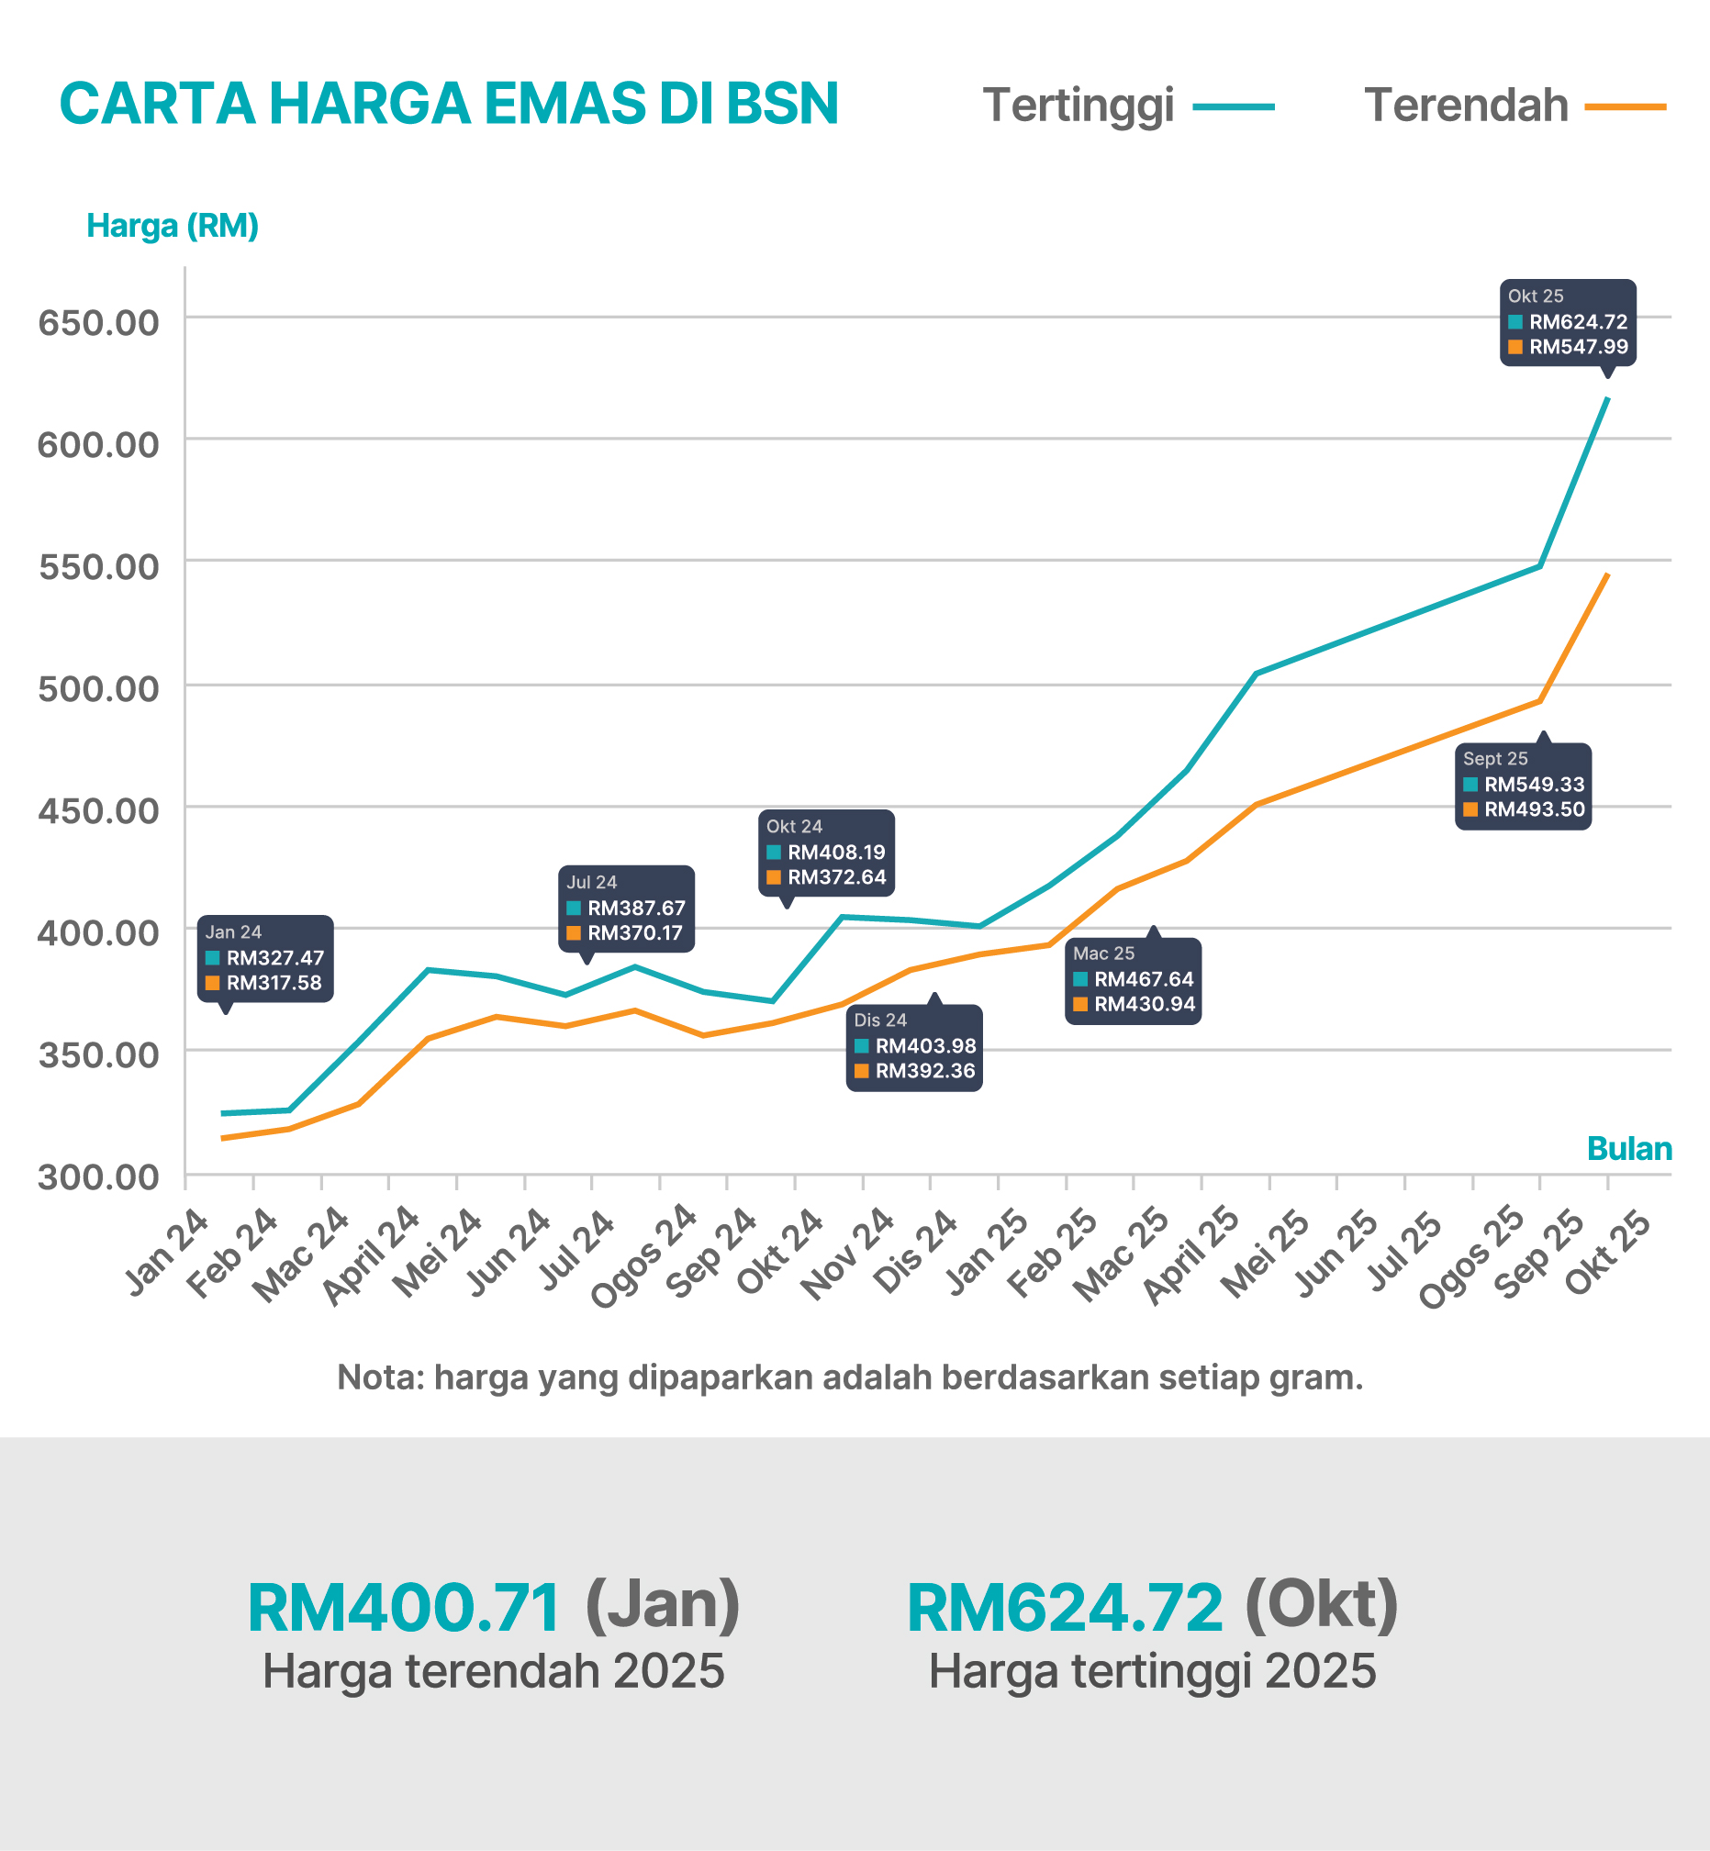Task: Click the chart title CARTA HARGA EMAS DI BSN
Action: (449, 103)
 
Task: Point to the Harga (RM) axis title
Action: (173, 226)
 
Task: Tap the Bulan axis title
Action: (1628, 1148)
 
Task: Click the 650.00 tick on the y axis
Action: (98, 323)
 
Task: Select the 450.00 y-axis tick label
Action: (98, 810)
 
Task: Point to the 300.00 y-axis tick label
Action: (98, 1176)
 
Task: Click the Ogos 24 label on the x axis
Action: (645, 1255)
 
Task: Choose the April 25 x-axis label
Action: (1191, 1255)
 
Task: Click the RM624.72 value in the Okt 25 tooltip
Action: (1578, 322)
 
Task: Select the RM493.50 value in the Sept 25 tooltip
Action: (1534, 809)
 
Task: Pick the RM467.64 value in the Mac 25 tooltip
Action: (1144, 978)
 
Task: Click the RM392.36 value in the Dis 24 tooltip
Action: (925, 1071)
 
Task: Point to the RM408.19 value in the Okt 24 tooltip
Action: (836, 852)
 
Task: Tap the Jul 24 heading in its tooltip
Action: (591, 883)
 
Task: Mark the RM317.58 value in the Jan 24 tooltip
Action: (274, 983)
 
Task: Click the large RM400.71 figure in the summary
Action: (405, 1608)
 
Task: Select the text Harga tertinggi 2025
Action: (1152, 1671)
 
